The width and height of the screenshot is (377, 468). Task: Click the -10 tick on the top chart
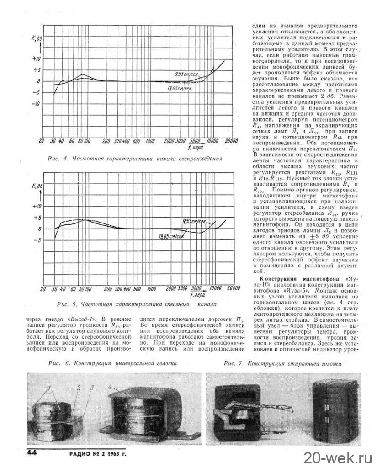coord(36,103)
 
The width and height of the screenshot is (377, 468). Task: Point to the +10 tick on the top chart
coord(36,59)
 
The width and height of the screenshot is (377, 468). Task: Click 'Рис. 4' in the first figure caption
coord(58,159)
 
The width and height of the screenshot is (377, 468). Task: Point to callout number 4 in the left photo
coord(111,386)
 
